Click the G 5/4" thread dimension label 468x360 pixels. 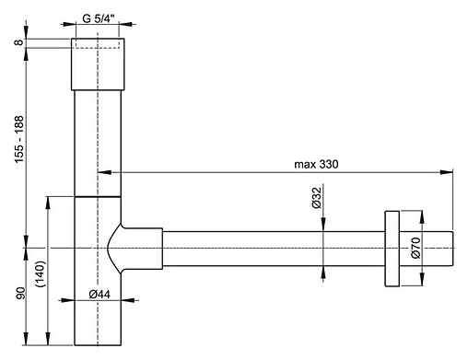point(98,17)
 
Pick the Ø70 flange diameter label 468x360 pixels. point(415,249)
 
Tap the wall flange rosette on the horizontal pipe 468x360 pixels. point(392,249)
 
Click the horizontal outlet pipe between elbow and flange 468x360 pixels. point(267,249)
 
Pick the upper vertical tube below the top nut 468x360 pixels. point(98,138)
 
